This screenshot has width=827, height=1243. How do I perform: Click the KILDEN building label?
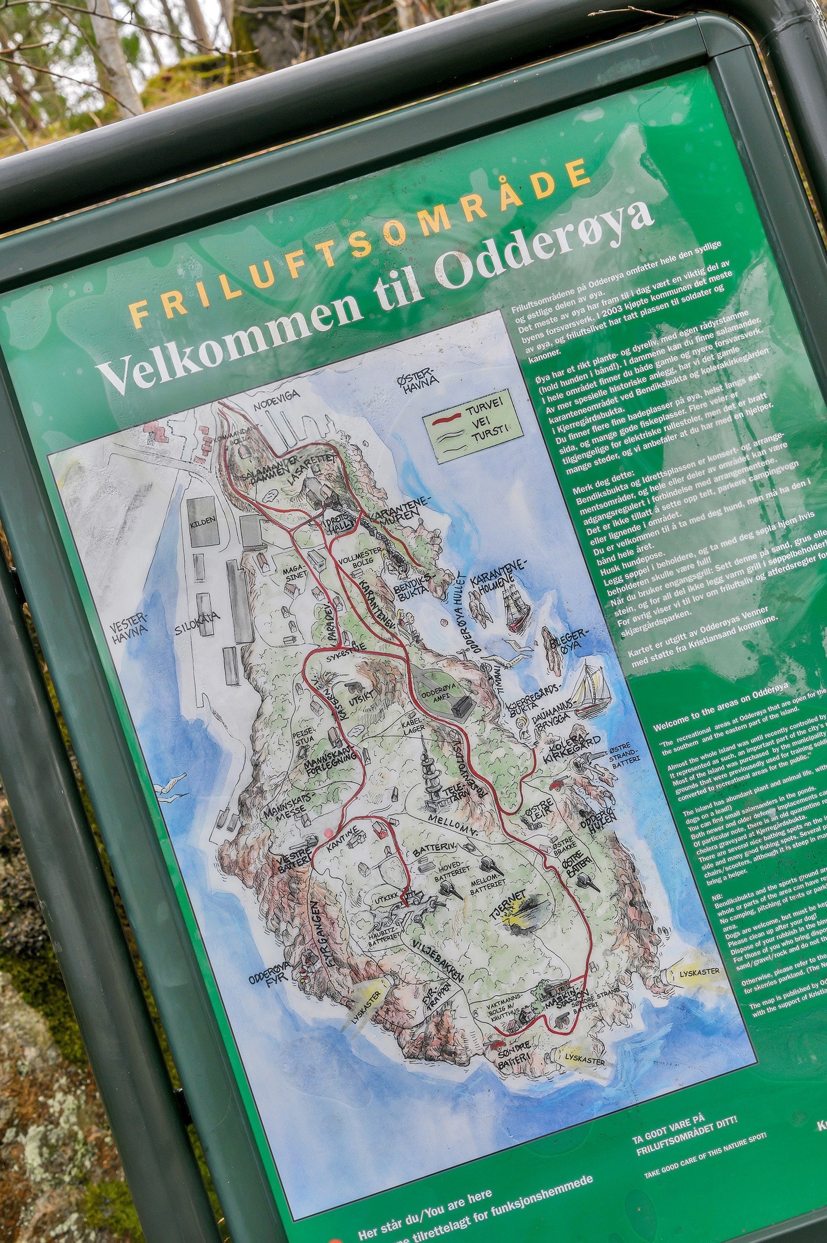pos(203,520)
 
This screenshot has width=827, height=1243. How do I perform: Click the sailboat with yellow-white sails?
pos(590,688)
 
